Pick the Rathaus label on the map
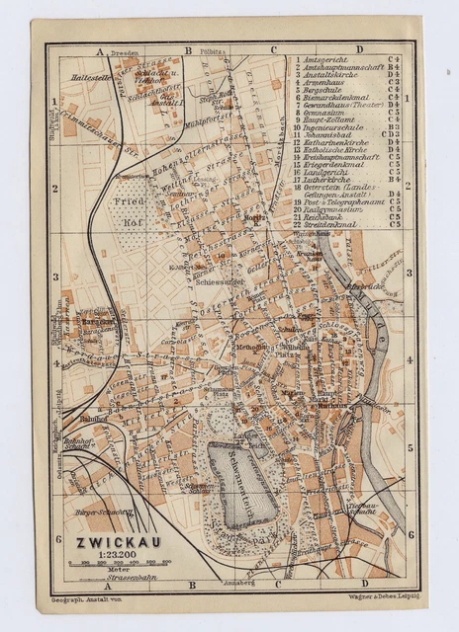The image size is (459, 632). (331, 404)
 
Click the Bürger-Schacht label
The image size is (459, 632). (103, 513)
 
